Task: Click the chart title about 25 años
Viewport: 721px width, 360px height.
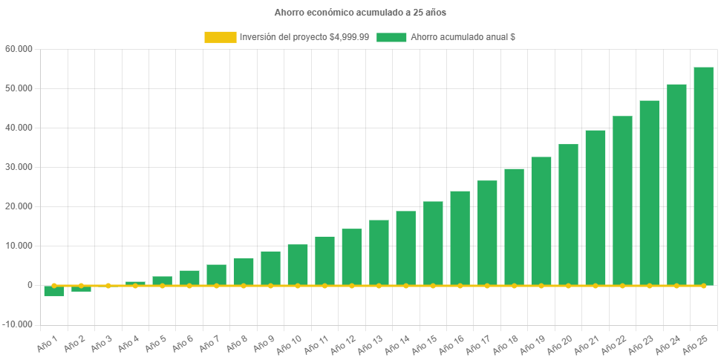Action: tap(360, 13)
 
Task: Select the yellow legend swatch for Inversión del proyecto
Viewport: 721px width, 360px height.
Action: tap(220, 37)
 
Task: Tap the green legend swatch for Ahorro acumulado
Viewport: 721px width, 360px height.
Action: tap(391, 37)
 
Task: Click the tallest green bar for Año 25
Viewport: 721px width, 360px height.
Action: tap(703, 176)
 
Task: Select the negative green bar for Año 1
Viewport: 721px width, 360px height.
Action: tap(54, 290)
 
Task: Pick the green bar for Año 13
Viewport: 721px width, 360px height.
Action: tap(379, 252)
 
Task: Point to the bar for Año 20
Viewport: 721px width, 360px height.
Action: tap(568, 215)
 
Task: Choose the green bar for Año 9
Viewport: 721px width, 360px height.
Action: tap(270, 268)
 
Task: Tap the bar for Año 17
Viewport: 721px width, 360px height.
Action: tap(487, 232)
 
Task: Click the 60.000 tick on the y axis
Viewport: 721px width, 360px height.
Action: tap(19, 49)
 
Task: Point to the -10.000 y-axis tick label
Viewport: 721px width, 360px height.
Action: tap(17, 324)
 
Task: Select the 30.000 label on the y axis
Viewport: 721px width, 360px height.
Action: tap(19, 167)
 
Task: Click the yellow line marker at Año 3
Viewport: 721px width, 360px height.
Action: tap(108, 285)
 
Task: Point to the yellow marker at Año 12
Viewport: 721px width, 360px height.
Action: tap(352, 285)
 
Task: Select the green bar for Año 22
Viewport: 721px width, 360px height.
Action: tap(622, 200)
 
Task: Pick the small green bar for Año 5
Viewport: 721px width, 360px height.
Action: tap(163, 281)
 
